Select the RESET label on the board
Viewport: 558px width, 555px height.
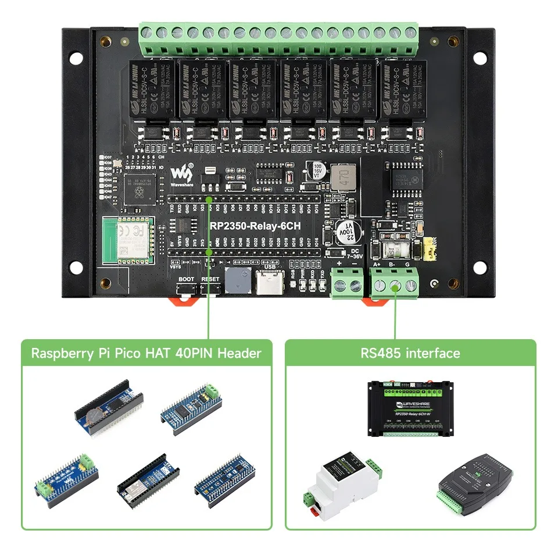(x=210, y=279)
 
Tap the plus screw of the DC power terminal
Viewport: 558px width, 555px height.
(x=339, y=285)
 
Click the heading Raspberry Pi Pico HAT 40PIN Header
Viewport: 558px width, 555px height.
(x=146, y=353)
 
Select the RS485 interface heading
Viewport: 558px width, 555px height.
(x=410, y=353)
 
